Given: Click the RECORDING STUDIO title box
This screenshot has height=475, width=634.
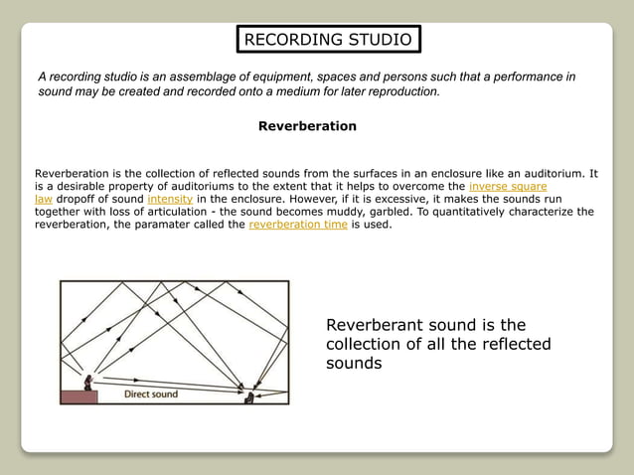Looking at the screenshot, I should tap(328, 40).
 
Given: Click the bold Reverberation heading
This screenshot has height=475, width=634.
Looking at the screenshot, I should tap(307, 126).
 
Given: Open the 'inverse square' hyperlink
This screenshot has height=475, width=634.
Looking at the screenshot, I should tap(508, 186).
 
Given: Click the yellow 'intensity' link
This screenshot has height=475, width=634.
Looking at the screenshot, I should tap(170, 199).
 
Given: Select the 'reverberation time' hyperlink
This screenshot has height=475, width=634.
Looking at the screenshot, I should tap(298, 225).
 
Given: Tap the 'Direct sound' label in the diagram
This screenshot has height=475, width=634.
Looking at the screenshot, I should tap(151, 395).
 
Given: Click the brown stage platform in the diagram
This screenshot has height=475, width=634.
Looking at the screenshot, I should tap(79, 397).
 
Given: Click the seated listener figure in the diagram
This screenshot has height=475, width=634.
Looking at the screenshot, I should tap(249, 396).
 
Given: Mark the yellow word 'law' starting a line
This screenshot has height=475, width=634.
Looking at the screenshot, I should tap(44, 199).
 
